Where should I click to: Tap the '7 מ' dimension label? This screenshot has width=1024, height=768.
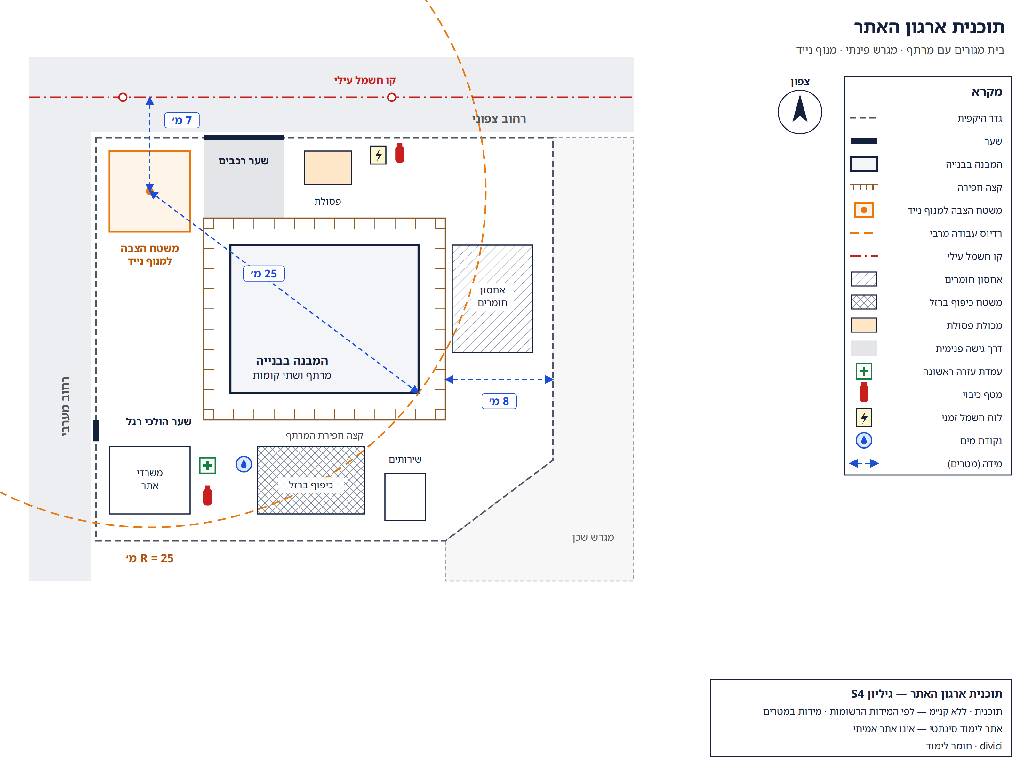coord(182,120)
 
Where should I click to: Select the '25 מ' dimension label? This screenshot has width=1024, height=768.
coord(264,274)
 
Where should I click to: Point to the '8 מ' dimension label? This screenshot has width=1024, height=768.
coord(499,401)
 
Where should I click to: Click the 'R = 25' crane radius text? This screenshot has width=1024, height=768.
coord(149,558)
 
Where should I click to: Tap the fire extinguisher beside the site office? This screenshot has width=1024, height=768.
coord(207,495)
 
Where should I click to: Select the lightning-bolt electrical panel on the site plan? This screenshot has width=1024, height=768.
coord(378,155)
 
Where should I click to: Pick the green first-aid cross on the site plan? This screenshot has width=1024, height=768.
coord(207,465)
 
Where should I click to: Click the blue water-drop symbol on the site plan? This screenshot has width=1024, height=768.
coord(244,464)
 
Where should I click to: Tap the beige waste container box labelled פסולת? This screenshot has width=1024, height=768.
coord(328,168)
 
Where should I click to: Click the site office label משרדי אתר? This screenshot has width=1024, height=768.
coord(149,479)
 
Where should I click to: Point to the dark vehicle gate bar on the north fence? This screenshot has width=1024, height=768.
coord(244,138)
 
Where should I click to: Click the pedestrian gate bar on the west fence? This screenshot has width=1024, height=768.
coord(96,430)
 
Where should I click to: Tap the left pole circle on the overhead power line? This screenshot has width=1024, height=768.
coord(123,97)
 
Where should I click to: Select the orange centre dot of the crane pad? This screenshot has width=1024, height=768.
coord(149,191)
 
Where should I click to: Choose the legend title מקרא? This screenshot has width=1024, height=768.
coord(987,92)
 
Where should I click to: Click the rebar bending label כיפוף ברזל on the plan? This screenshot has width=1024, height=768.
coord(311,485)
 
